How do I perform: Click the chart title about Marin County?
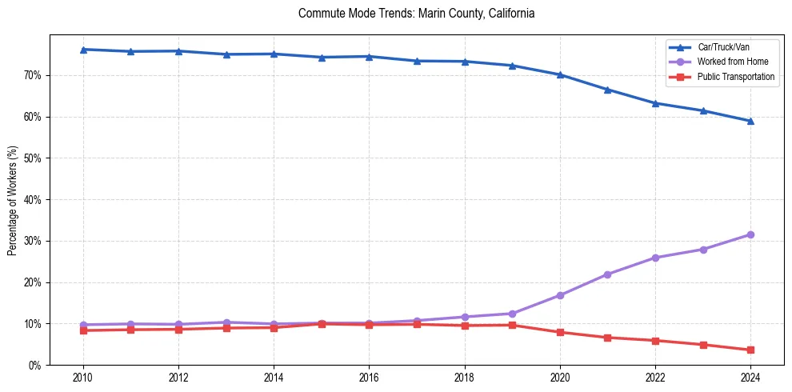pyautogui.click(x=416, y=14)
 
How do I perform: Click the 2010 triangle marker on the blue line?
pyautogui.click(x=83, y=50)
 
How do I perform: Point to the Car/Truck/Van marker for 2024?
pyautogui.click(x=750, y=122)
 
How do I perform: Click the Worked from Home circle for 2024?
pyautogui.click(x=750, y=234)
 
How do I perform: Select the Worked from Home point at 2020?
pyautogui.click(x=560, y=295)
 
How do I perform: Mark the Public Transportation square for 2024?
pyautogui.click(x=750, y=350)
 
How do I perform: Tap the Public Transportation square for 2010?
pyautogui.click(x=83, y=330)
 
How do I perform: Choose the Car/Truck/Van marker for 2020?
pyautogui.click(x=560, y=74)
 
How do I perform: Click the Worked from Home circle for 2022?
pyautogui.click(x=655, y=258)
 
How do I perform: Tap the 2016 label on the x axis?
pyautogui.click(x=369, y=377)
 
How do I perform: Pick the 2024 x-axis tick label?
pyautogui.click(x=750, y=377)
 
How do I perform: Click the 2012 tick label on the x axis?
pyautogui.click(x=178, y=377)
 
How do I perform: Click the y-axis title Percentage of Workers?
pyautogui.click(x=13, y=200)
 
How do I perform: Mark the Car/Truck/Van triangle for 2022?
pyautogui.click(x=655, y=103)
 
